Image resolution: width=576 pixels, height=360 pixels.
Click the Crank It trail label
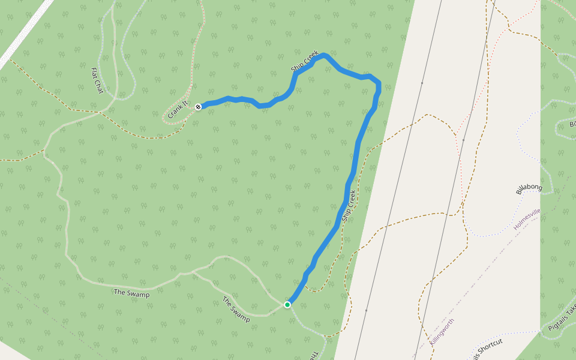pos(178,109)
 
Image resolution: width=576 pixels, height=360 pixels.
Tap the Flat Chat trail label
pos(97,80)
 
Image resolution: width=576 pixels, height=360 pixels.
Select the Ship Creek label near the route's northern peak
pos(304,62)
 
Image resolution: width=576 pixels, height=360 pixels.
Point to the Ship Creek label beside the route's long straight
pos(349,206)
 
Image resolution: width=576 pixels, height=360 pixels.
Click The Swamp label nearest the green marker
pos(236,310)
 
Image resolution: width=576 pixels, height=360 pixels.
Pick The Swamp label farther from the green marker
pos(131,293)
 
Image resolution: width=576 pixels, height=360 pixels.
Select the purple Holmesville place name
pos(527,218)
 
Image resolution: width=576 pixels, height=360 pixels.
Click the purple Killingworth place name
pos(442,331)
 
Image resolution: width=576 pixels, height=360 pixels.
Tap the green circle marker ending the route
pos(287,305)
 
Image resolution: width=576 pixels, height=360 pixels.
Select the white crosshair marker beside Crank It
pos(198,106)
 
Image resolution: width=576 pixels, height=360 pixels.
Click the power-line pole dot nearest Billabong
pos(463,140)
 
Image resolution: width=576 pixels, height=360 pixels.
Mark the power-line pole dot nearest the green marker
pos(366,310)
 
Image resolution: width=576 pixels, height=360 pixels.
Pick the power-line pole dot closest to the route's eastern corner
pos(422,83)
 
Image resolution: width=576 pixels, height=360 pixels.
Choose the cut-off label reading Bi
pos(572,124)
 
